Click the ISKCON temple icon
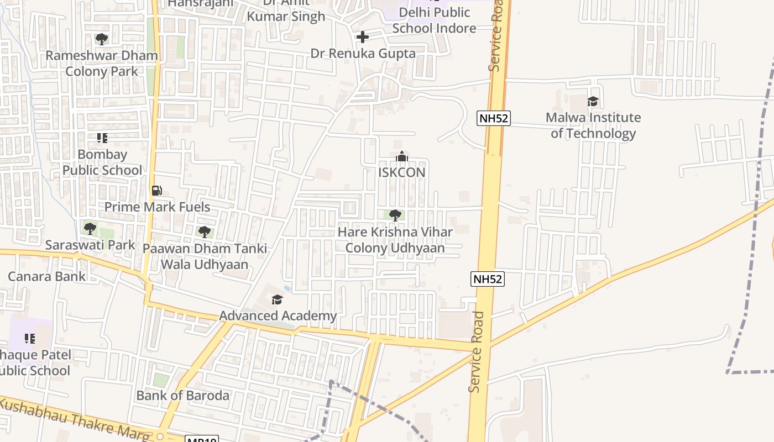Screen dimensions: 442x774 pyautogui.click(x=402, y=157)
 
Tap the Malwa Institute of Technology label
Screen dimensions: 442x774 pyautogui.click(x=593, y=125)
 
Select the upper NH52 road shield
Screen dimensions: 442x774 pyautogui.click(x=494, y=118)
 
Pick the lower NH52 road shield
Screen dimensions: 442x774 pyautogui.click(x=488, y=279)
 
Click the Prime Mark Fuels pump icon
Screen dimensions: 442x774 pyautogui.click(x=157, y=191)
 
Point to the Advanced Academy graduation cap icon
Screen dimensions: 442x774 pyautogui.click(x=277, y=299)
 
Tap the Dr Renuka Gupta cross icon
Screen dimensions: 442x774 pyautogui.click(x=363, y=37)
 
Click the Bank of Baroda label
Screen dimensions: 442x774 pyautogui.click(x=182, y=396)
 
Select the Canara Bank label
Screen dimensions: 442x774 pyautogui.click(x=47, y=276)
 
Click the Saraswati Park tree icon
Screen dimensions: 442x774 pyautogui.click(x=90, y=228)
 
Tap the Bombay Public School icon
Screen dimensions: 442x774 pyautogui.click(x=102, y=138)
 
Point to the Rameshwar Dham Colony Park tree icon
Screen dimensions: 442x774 pyautogui.click(x=101, y=39)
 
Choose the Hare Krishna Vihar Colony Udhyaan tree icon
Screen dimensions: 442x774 pyautogui.click(x=395, y=215)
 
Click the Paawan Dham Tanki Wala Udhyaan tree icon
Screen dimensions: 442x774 pyautogui.click(x=205, y=231)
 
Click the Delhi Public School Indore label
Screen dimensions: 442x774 pyautogui.click(x=434, y=20)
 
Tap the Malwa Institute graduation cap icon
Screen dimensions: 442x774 pyautogui.click(x=593, y=101)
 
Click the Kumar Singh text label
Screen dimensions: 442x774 pyautogui.click(x=286, y=17)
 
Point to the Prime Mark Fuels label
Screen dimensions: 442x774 pyautogui.click(x=158, y=207)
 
